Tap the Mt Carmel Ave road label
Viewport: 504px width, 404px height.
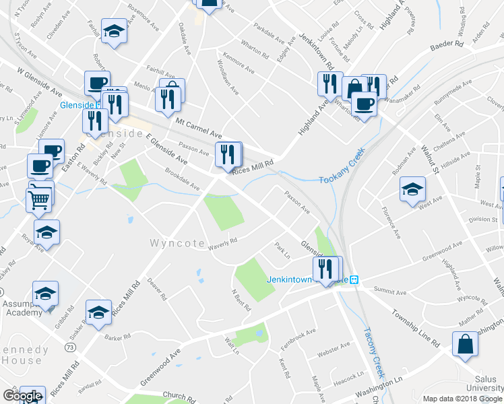tap(199, 125)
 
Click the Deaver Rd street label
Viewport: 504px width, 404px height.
tap(156, 290)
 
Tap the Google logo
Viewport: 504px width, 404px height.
tap(22, 396)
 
